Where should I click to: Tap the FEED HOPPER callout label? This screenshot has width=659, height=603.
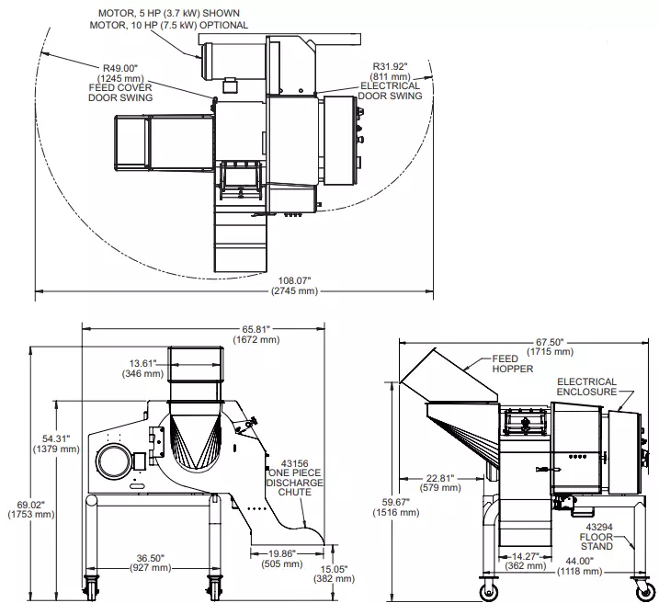(512, 364)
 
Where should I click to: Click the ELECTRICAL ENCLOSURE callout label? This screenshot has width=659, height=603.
(586, 387)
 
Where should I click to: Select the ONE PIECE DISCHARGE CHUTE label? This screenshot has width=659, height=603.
(295, 483)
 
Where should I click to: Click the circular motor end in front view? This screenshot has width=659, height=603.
(113, 461)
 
